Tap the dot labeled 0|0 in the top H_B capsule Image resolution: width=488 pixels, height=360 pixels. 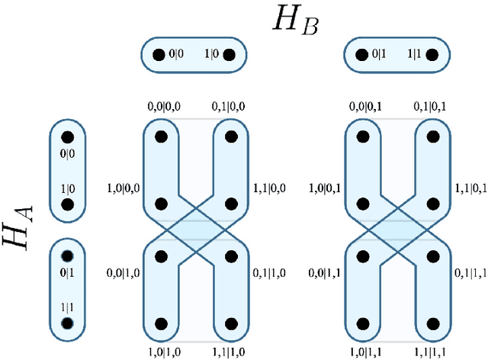(159, 55)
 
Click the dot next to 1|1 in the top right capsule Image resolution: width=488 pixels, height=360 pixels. (432, 55)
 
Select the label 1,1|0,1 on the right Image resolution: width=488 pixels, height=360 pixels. (471, 187)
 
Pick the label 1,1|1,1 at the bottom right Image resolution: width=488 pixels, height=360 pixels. (434, 353)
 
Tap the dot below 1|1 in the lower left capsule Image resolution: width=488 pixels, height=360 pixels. (66, 323)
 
